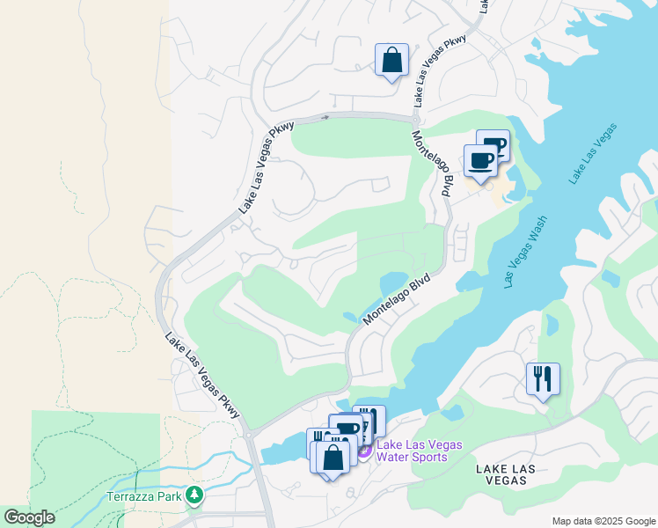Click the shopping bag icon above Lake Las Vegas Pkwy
click(391, 61)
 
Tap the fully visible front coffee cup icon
click(480, 161)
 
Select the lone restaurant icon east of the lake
click(542, 379)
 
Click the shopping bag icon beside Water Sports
click(333, 458)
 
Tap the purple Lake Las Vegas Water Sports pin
click(363, 450)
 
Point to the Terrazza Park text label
click(143, 497)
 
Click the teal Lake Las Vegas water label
click(592, 154)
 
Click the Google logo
click(29, 517)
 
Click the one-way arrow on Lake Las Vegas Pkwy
click(325, 116)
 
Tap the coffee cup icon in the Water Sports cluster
click(348, 429)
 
